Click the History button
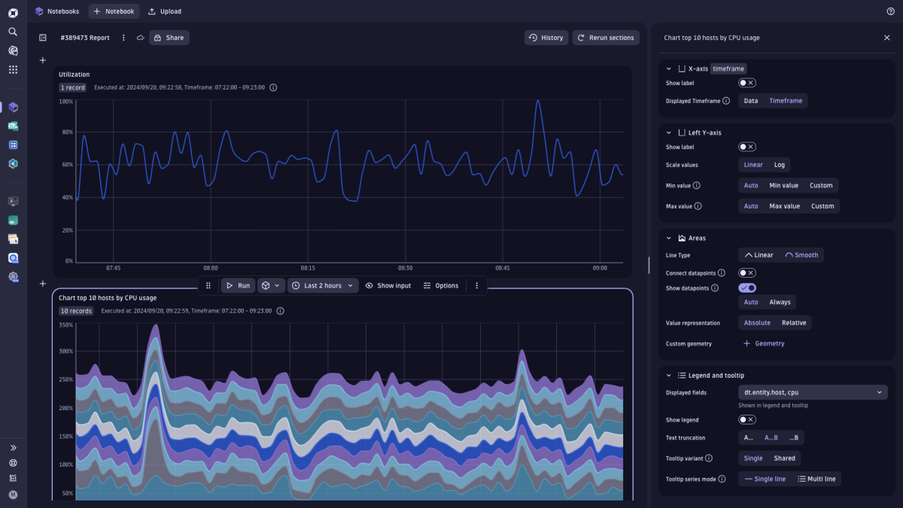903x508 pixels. pos(546,38)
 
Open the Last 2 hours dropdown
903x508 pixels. pos(322,286)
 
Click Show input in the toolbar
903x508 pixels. pos(388,286)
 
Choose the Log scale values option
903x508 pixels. pos(780,165)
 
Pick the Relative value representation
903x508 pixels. pos(793,323)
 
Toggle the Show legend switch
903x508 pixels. pos(747,420)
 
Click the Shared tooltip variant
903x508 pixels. pos(784,458)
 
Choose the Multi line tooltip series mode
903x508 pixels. pos(817,479)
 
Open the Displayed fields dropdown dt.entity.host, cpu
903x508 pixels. pos(813,392)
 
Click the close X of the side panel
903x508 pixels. pos(886,38)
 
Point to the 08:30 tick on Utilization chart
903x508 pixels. pos(405,268)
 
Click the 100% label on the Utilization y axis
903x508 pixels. pos(66,101)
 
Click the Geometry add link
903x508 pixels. pos(764,344)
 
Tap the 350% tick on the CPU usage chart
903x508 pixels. pos(65,325)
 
